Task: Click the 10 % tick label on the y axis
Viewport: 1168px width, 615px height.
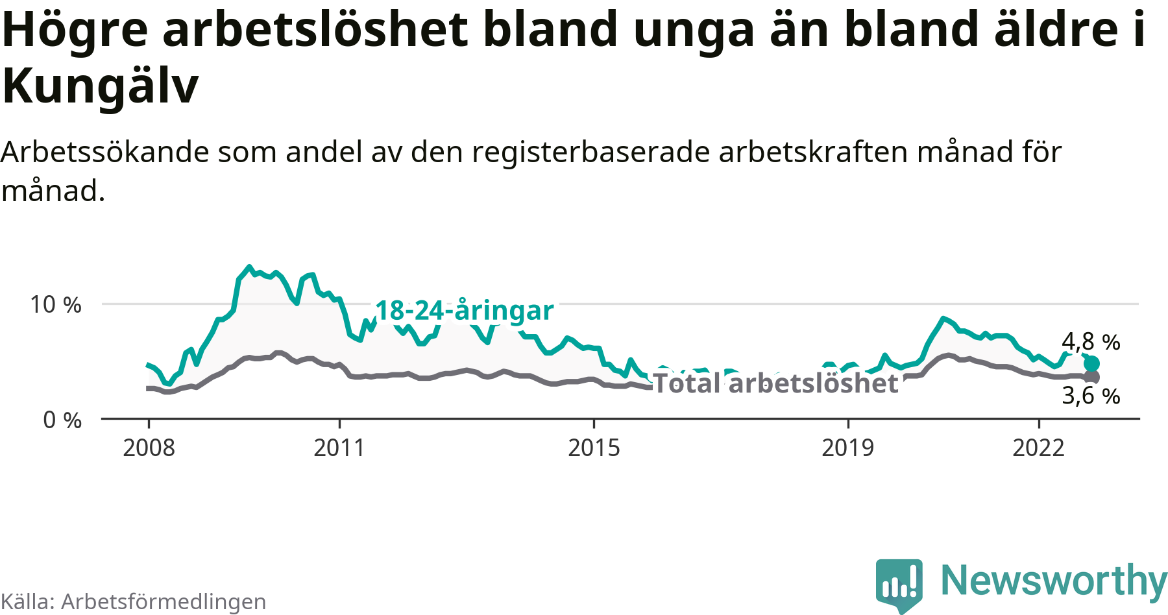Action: (x=56, y=304)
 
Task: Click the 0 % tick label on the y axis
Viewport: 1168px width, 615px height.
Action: (x=62, y=420)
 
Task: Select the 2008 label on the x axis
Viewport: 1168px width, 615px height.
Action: (x=149, y=448)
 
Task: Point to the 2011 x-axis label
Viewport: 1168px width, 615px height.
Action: (x=339, y=448)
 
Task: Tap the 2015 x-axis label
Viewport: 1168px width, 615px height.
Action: (x=594, y=448)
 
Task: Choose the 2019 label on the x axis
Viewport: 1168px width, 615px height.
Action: (x=847, y=448)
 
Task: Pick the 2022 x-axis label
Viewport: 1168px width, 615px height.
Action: (x=1038, y=448)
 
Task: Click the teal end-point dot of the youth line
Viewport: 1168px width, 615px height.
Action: (x=1092, y=363)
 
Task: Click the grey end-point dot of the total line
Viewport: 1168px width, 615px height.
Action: (x=1093, y=377)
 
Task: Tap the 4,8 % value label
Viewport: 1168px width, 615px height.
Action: (x=1091, y=341)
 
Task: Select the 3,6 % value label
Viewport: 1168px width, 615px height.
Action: (x=1091, y=395)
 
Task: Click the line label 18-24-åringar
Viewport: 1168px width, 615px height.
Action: (x=465, y=310)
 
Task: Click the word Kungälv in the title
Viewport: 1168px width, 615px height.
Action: (x=101, y=86)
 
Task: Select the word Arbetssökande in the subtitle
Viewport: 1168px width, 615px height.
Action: (x=106, y=152)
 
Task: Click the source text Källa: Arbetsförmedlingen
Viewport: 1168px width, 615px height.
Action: (x=134, y=601)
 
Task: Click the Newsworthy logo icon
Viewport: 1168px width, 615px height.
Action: (x=899, y=584)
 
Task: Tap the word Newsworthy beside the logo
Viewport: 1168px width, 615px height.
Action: (x=1053, y=581)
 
